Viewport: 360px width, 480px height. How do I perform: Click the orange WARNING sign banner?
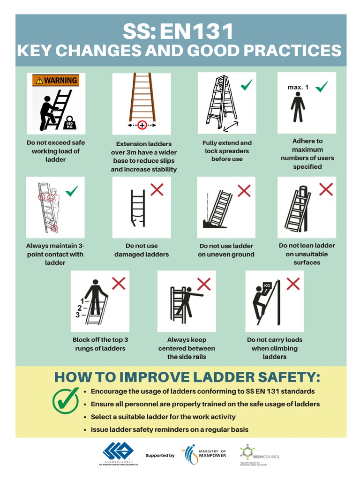(55, 80)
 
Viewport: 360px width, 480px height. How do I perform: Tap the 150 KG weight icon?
(69, 123)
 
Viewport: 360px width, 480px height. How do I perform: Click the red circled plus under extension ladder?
(142, 126)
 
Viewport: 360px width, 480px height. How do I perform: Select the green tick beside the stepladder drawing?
(246, 85)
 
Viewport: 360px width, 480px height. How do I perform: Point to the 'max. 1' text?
(298, 87)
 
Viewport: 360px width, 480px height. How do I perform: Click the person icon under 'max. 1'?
(298, 107)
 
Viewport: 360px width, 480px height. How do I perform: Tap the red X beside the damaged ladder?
(157, 190)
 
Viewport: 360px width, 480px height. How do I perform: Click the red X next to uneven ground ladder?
(244, 190)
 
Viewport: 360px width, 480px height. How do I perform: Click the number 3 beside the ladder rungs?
(78, 315)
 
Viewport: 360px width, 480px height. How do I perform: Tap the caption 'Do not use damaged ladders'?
(142, 250)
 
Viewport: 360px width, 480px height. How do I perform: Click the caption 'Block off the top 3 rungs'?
(100, 344)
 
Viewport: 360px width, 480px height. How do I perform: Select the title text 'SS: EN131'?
(178, 32)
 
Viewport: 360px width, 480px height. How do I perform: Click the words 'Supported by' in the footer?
(160, 455)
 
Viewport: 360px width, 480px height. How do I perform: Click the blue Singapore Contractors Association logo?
(118, 452)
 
